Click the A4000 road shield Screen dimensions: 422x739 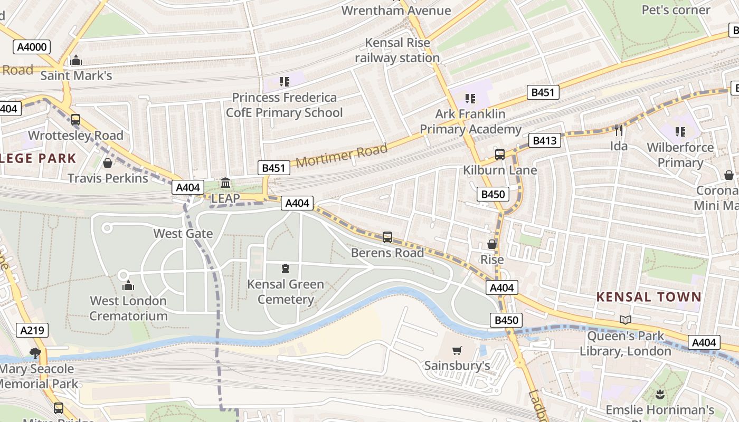32,47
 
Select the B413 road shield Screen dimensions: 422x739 545,141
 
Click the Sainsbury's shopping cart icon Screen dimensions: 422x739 457,350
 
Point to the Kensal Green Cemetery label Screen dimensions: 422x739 286,292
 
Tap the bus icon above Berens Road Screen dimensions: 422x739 387,237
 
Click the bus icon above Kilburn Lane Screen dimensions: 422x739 499,155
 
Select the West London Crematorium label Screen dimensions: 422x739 128,309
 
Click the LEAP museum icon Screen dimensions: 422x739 225,183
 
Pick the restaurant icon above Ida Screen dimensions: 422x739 619,130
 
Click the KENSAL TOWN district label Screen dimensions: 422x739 649,297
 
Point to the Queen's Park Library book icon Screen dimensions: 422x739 626,320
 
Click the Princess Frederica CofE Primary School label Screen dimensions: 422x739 285,105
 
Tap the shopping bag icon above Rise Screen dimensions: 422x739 491,244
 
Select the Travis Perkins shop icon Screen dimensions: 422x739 108,163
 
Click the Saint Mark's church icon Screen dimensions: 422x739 76,60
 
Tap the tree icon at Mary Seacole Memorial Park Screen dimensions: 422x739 35,353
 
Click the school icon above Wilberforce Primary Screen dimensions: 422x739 680,131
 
